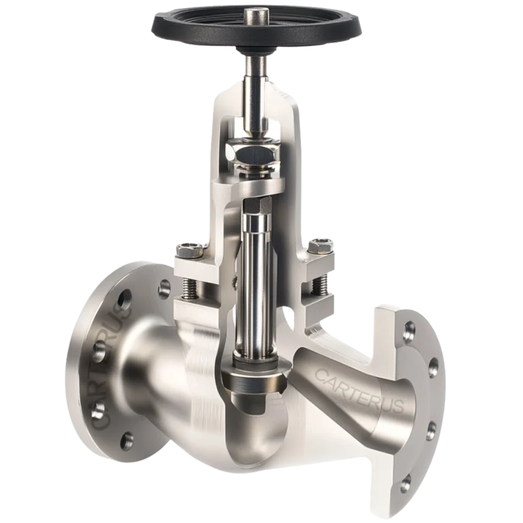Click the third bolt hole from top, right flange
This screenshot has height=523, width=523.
click(430, 429)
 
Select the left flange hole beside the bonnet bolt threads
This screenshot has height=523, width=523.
click(165, 289)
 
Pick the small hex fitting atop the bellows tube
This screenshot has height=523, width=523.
click(257, 204)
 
